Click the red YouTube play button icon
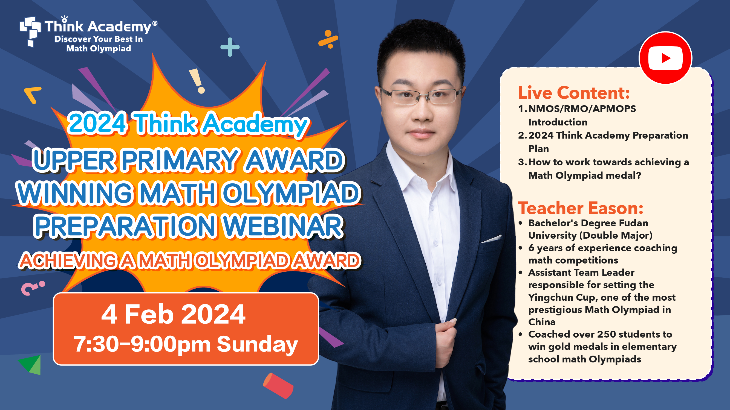[665, 58]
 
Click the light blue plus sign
[230, 47]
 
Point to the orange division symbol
[328, 39]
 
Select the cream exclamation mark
[197, 81]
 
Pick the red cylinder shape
[278, 386]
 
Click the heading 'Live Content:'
[574, 93]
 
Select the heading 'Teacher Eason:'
[580, 208]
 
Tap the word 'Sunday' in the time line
[257, 344]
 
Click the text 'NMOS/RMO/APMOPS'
[582, 109]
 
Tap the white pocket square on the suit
[491, 239]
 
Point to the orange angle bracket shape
[33, 95]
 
